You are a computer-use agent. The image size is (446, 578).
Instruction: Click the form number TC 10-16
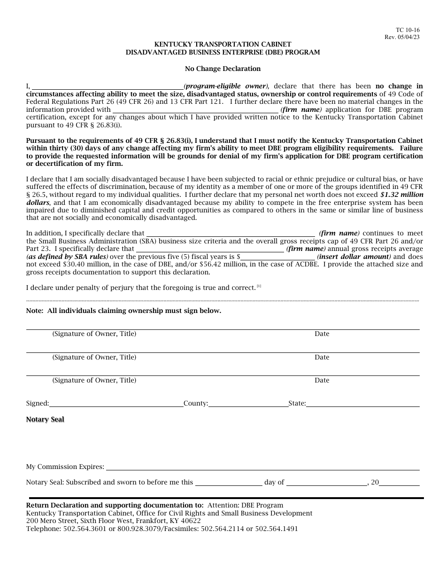tap(408, 30)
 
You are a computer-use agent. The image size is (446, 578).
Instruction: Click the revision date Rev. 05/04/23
tap(402, 37)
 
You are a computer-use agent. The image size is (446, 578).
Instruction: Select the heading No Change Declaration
tap(223, 69)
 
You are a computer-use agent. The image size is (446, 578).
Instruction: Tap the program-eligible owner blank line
tap(108, 86)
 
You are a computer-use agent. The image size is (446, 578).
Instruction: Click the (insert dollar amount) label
tap(354, 257)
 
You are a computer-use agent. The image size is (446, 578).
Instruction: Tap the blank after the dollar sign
tap(278, 257)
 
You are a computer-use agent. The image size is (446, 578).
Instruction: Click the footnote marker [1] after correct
tap(259, 286)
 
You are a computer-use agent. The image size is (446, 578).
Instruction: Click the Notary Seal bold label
tap(45, 419)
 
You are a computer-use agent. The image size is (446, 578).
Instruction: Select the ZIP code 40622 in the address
tap(192, 521)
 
